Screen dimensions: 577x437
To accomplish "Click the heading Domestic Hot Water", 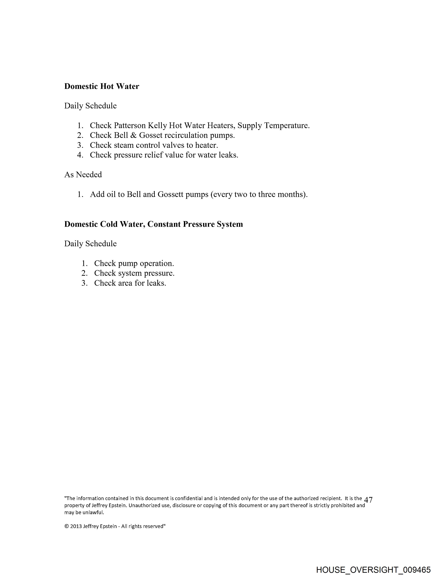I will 102,86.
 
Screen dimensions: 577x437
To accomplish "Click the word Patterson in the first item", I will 130,126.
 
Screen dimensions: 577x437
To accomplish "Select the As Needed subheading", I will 83,175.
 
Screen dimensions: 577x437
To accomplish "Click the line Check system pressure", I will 134,273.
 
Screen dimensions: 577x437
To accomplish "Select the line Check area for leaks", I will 130,283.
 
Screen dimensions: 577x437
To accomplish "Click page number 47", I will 368,500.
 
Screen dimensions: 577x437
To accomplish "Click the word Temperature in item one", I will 287,126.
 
